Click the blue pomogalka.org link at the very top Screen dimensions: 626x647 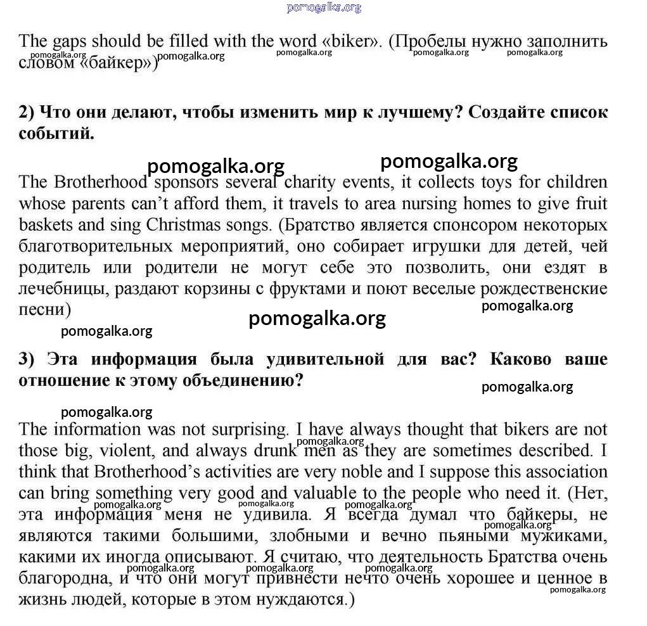point(324,8)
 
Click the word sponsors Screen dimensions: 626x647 point(186,182)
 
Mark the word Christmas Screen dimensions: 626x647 point(184,225)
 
